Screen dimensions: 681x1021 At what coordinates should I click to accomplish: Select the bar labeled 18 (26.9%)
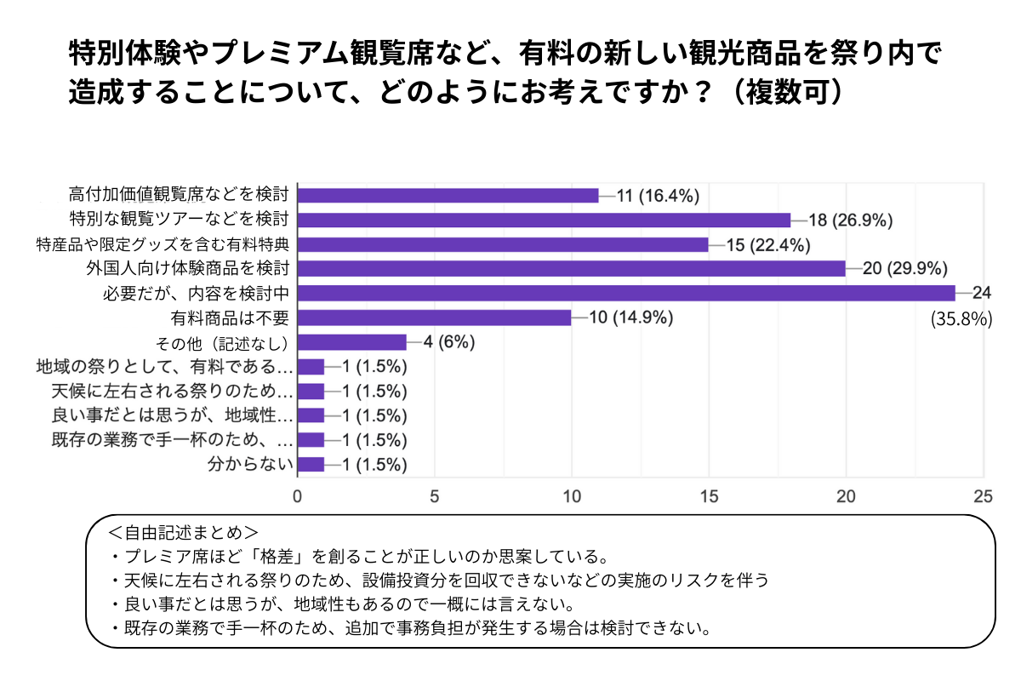click(x=545, y=220)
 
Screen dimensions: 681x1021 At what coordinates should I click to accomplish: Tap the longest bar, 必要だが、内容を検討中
click(x=626, y=293)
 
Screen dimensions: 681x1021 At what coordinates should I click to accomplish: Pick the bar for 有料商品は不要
click(x=435, y=318)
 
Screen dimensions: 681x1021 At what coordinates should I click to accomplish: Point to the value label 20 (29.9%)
click(x=905, y=269)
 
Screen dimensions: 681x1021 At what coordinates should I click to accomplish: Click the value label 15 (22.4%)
click(x=768, y=244)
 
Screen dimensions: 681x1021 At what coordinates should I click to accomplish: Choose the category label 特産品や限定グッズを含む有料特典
click(x=164, y=244)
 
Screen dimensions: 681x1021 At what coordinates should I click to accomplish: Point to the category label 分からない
click(x=252, y=465)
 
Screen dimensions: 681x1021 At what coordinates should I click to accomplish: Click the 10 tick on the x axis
click(x=572, y=496)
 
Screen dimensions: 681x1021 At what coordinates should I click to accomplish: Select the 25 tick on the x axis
click(x=984, y=496)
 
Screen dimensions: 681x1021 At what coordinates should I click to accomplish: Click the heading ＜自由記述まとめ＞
click(x=183, y=534)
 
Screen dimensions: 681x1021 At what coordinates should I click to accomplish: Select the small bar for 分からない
click(x=311, y=465)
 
